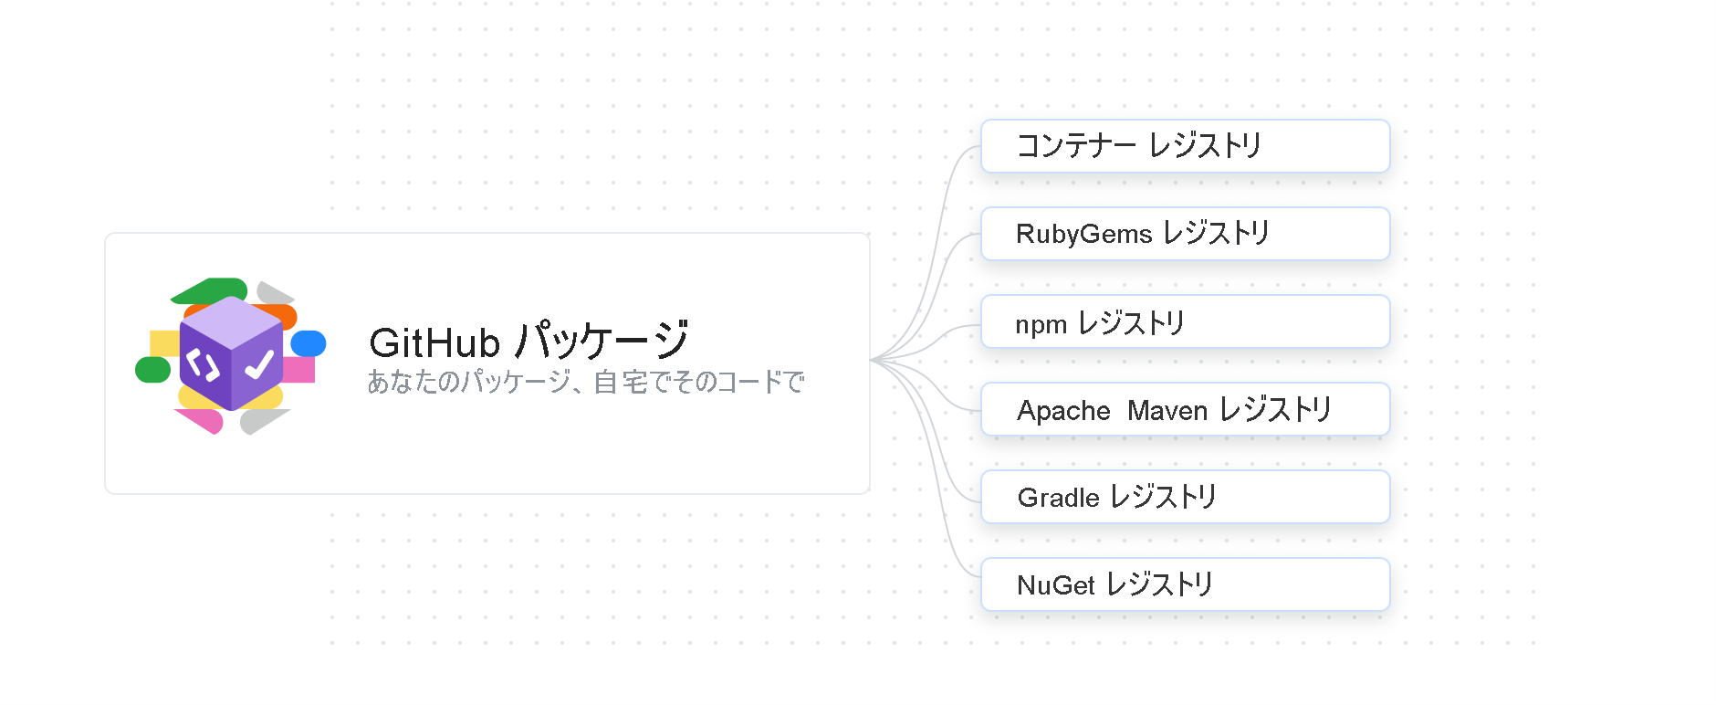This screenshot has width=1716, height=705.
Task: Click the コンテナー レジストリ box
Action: tap(1185, 146)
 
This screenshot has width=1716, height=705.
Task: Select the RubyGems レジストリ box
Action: tap(1185, 234)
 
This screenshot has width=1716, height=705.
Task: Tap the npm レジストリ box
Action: tap(1185, 321)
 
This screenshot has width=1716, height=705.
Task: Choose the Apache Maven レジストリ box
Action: tap(1185, 409)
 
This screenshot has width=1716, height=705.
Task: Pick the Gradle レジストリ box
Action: tap(1185, 497)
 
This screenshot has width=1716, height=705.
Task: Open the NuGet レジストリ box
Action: tap(1185, 584)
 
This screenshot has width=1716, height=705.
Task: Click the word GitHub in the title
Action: tap(434, 343)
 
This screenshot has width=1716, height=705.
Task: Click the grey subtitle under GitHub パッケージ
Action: tap(585, 382)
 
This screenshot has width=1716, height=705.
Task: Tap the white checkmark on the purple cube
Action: tap(259, 364)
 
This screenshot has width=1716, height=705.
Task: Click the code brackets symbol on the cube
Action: tap(203, 365)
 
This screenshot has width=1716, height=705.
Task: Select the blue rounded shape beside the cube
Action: tap(309, 343)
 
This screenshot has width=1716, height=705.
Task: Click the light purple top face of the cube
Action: tap(232, 321)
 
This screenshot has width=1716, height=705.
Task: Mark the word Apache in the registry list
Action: tap(1063, 411)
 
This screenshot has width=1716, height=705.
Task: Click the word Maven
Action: tap(1167, 411)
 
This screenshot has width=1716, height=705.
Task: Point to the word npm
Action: tap(1041, 324)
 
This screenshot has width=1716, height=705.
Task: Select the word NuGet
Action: tap(1056, 585)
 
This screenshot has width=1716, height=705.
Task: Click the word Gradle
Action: tap(1058, 498)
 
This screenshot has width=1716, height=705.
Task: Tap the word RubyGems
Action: tap(1083, 235)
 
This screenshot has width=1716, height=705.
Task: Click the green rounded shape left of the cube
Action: tap(152, 370)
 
